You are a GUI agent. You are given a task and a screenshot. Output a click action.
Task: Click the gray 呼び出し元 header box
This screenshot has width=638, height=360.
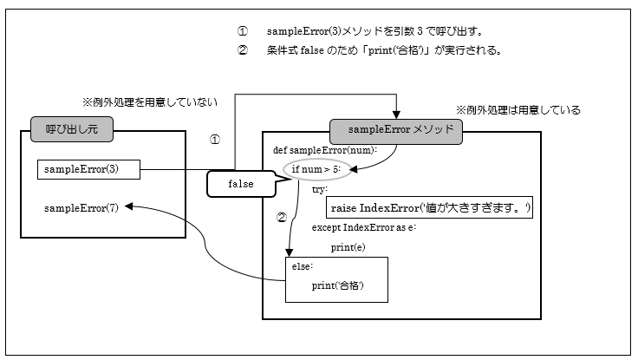(x=70, y=129)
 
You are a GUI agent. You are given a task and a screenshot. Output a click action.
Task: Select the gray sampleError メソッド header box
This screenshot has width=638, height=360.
(x=396, y=129)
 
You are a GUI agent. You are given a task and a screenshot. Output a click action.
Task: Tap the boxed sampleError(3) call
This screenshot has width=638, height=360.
(x=89, y=168)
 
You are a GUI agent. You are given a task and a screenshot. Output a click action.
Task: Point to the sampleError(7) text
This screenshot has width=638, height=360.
(x=82, y=207)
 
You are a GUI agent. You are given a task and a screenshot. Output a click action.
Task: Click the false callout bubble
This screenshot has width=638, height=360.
(x=240, y=185)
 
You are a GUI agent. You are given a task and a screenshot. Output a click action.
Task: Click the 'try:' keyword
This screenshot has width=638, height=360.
(x=320, y=188)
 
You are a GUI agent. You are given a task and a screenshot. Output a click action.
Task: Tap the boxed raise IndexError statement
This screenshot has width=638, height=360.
(x=430, y=208)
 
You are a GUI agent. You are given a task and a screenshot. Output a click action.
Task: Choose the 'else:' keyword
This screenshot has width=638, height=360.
(x=302, y=266)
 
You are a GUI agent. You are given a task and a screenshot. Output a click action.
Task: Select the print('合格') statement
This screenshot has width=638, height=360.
(x=337, y=285)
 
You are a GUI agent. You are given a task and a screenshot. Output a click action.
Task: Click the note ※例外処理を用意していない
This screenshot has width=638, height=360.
(x=149, y=102)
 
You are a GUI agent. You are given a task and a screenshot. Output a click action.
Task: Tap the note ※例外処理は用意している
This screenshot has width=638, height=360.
(x=518, y=111)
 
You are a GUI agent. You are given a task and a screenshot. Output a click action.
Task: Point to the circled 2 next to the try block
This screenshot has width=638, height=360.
(x=280, y=218)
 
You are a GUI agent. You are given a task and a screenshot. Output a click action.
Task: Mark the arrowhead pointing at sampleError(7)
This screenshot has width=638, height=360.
(x=130, y=206)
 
